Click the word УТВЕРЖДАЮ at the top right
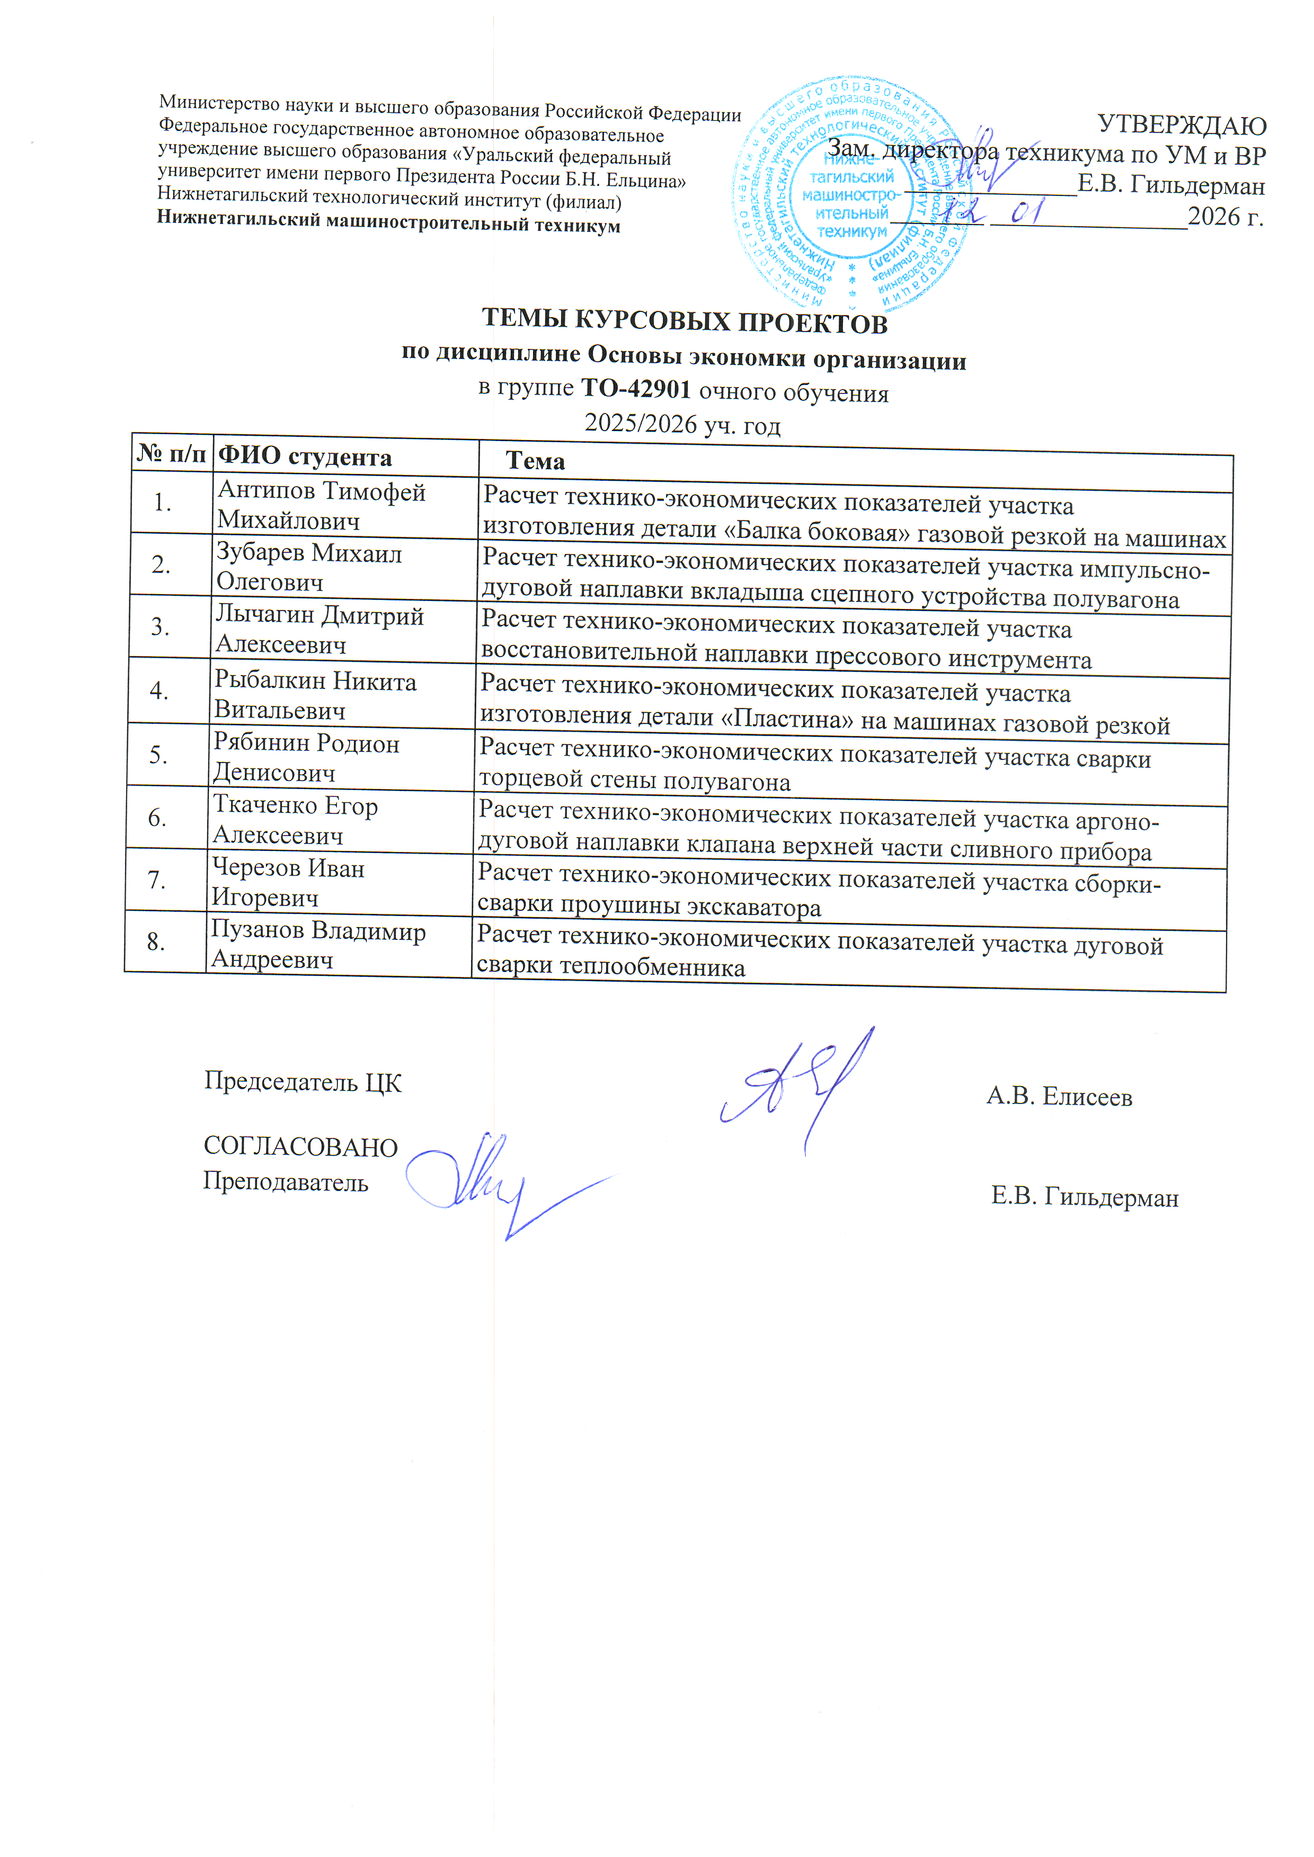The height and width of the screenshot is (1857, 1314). (1182, 125)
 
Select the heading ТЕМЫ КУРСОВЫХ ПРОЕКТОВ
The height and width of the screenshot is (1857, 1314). (685, 321)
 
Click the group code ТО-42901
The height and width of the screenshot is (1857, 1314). (636, 389)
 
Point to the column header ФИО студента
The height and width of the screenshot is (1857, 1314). (305, 457)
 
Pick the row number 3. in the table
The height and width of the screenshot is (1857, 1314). (160, 627)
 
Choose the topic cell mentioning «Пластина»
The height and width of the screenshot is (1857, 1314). (825, 706)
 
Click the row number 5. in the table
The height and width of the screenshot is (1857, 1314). (158, 755)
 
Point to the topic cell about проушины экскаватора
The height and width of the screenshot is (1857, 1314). (817, 894)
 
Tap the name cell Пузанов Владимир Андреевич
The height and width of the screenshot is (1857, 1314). (317, 945)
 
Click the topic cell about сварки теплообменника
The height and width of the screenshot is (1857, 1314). (817, 956)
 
